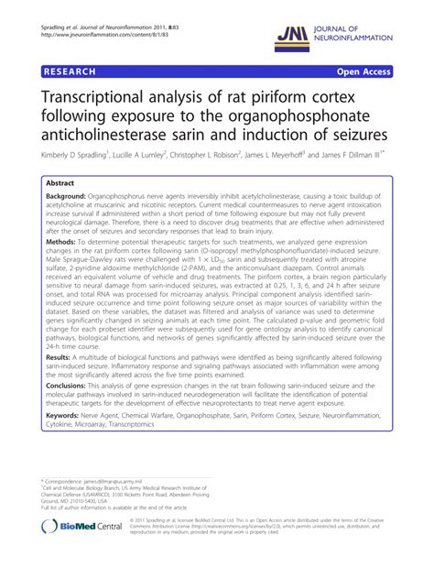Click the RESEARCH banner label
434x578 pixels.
[x=69, y=71]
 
